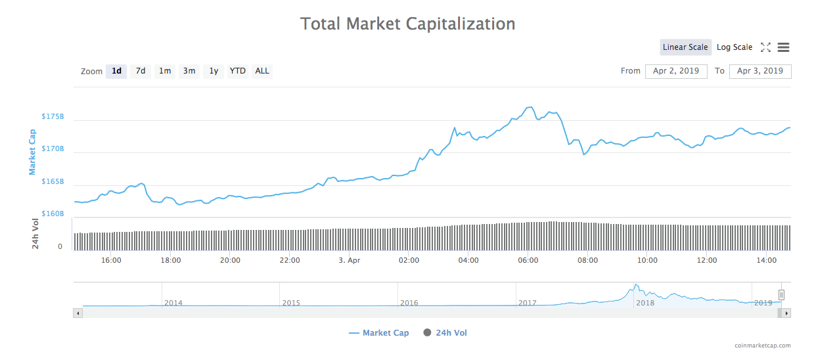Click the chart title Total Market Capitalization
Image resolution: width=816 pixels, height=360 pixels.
click(x=407, y=24)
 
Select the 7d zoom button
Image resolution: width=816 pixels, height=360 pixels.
click(x=141, y=71)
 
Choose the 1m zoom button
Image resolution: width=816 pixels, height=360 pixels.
click(x=165, y=71)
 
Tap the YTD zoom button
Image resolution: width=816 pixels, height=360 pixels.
click(x=238, y=71)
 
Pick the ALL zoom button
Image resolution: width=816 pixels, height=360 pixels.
click(x=262, y=71)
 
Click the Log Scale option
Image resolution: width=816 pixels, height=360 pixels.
click(x=735, y=47)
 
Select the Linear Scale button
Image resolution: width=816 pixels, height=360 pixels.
click(x=685, y=47)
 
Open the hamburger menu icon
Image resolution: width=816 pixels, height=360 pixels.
click(x=783, y=47)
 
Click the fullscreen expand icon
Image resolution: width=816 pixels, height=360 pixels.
click(x=765, y=47)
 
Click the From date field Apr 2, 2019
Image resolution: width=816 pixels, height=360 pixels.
click(x=676, y=71)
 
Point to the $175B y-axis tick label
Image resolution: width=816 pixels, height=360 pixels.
click(x=53, y=116)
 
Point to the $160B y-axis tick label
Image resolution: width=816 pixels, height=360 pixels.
click(x=53, y=214)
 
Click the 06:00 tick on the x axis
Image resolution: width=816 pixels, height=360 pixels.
click(x=528, y=260)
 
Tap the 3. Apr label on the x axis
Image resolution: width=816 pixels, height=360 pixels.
click(x=349, y=260)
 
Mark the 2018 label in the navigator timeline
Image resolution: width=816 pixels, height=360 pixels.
click(x=645, y=303)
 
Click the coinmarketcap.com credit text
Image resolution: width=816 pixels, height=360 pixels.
click(x=763, y=346)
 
